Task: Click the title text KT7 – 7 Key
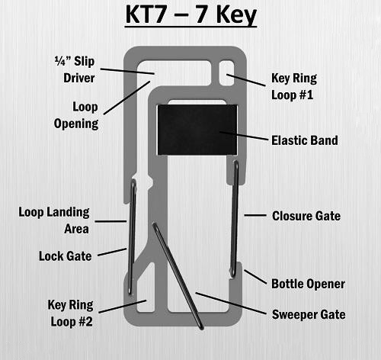(x=191, y=15)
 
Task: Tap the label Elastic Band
(x=305, y=140)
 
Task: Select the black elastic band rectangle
(x=197, y=130)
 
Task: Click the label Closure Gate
(x=306, y=216)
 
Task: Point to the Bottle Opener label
(x=308, y=284)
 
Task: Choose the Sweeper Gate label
(x=309, y=314)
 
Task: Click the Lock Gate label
(x=65, y=256)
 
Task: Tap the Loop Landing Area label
(x=54, y=220)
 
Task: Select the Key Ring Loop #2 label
(x=71, y=313)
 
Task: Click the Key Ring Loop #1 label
(x=294, y=86)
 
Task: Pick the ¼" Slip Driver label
(x=75, y=69)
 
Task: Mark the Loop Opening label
(x=76, y=115)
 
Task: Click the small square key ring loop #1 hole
(x=226, y=72)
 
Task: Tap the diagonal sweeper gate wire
(x=178, y=276)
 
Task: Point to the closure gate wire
(x=234, y=219)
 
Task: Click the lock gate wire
(x=132, y=237)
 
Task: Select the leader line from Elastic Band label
(x=244, y=136)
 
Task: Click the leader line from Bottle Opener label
(x=255, y=277)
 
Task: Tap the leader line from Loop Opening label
(x=127, y=98)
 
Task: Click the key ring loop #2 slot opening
(x=146, y=288)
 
